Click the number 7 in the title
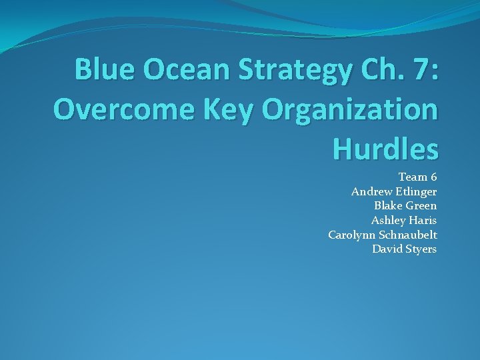click(x=425, y=69)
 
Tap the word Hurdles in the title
click(x=385, y=149)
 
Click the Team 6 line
click(x=417, y=177)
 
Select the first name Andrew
click(x=372, y=192)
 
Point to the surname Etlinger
click(x=417, y=192)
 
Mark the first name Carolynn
click(x=352, y=235)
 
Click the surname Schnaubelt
click(x=408, y=235)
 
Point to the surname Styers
click(x=421, y=249)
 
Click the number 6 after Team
click(x=433, y=177)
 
